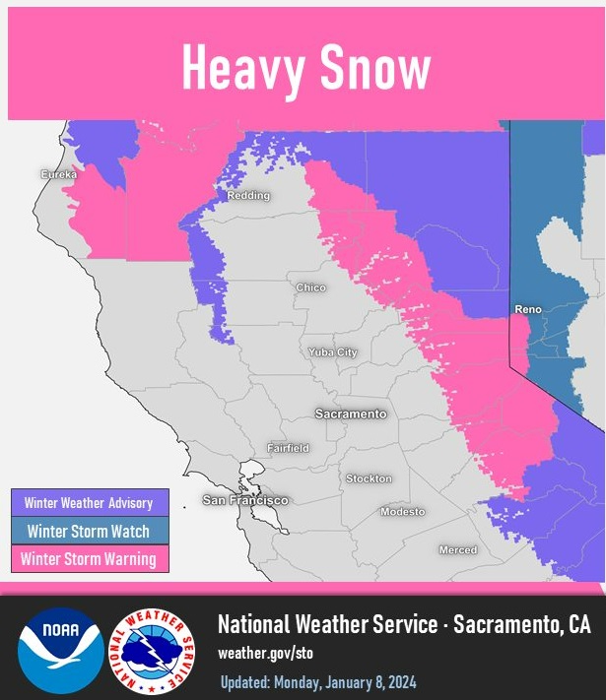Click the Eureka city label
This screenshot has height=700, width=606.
pyautogui.click(x=57, y=174)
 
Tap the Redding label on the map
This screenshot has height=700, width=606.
pyautogui.click(x=248, y=196)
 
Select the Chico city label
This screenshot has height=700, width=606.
pyautogui.click(x=310, y=287)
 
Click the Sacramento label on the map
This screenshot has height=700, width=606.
pyautogui.click(x=351, y=414)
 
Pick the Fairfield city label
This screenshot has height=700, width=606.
pyautogui.click(x=288, y=448)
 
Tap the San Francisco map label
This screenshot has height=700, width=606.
pyautogui.click(x=245, y=500)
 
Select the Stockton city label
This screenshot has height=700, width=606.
pyautogui.click(x=369, y=478)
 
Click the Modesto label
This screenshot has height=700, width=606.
pyautogui.click(x=403, y=512)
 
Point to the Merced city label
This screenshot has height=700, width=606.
pyautogui.click(x=457, y=549)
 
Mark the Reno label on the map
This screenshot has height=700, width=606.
pyautogui.click(x=528, y=309)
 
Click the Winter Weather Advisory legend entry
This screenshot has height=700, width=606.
pyautogui.click(x=89, y=503)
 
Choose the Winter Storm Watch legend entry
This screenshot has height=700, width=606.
pyautogui.click(x=89, y=531)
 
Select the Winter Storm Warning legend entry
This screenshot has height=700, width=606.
pyautogui.click(x=89, y=559)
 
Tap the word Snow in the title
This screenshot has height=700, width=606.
pyautogui.click(x=376, y=69)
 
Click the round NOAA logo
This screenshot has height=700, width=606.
pyautogui.click(x=60, y=651)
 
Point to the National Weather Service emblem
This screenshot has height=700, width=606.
pyautogui.click(x=152, y=651)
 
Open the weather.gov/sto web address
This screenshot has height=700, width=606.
pyautogui.click(x=265, y=653)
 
